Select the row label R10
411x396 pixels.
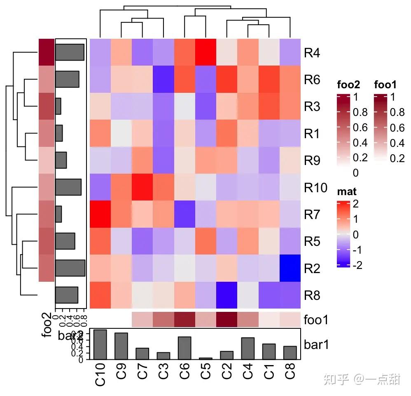[315, 188]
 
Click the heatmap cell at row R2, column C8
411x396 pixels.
[290, 268]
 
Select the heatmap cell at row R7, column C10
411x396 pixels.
[100, 214]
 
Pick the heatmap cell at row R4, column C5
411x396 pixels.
[206, 52]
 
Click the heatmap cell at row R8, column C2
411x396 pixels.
[227, 295]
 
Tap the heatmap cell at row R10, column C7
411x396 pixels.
[142, 187]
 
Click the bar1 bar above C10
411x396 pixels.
[100, 344]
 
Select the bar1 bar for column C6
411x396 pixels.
[185, 348]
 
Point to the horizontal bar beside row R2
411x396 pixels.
[70, 268]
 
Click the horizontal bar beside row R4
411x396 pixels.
[70, 52]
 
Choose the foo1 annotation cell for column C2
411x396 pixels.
[227, 320]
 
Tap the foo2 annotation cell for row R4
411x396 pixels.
[47, 52]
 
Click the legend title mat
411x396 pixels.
[347, 191]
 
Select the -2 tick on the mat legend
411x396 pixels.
[357, 265]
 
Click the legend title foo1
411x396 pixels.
[385, 85]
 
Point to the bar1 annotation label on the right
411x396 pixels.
[316, 344]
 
